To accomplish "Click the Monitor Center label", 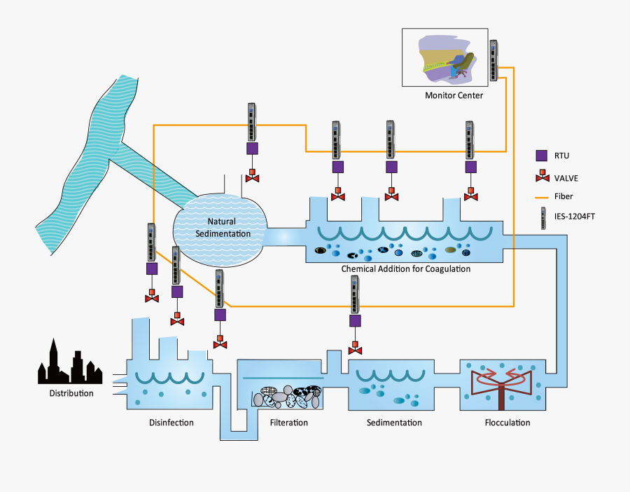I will coord(454,95).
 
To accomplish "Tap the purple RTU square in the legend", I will coord(541,156).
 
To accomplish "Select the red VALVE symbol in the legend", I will coord(541,177).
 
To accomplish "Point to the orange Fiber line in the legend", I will coord(541,197).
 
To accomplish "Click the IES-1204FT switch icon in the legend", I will coord(542,219).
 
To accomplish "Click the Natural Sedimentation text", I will coord(221,227).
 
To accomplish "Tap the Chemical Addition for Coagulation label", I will coord(405,268).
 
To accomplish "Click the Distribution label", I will coord(71,393).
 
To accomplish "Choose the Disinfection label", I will coord(171,423).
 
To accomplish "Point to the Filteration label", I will coord(288,423).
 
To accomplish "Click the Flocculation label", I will coord(507,423).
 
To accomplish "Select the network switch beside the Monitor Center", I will coord(494,60).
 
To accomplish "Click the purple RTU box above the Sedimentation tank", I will coord(355,320).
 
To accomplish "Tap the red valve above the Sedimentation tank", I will coord(355,348).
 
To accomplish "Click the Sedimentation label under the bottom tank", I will coord(394,423).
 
